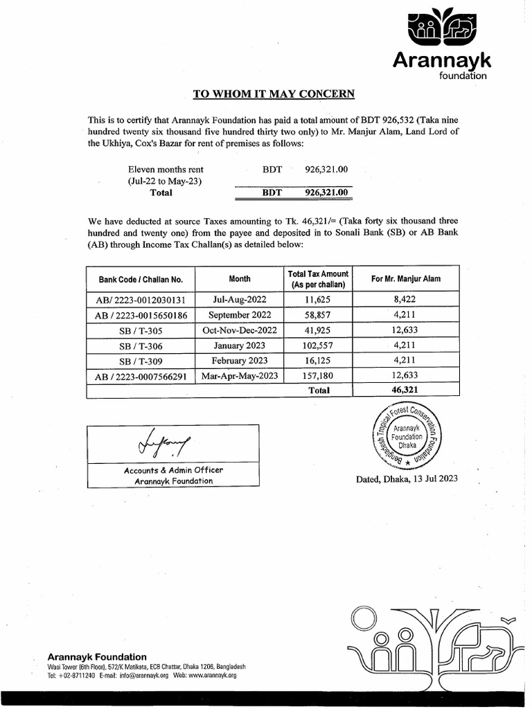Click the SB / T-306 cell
click(x=141, y=345)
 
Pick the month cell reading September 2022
click(x=240, y=316)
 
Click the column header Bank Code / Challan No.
click(x=141, y=280)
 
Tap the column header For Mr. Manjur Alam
click(x=405, y=279)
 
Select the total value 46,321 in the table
click(x=405, y=391)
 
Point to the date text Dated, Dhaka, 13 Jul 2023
click(x=406, y=479)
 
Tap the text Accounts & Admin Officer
click(x=173, y=469)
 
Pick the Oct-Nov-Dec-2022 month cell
click(x=240, y=330)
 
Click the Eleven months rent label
click(x=166, y=169)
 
